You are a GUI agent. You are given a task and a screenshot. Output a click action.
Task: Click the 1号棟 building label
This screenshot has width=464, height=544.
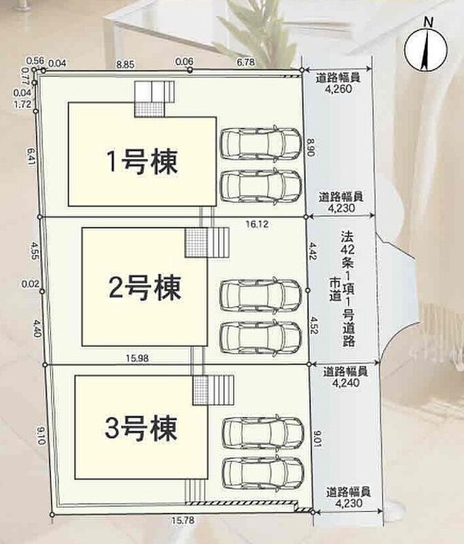[143, 162]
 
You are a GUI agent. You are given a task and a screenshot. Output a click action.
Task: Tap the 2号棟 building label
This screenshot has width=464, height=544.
[145, 288]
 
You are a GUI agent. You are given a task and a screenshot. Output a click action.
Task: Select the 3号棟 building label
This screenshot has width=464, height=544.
[141, 428]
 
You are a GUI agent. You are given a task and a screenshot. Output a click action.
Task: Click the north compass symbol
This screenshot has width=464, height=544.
[426, 48]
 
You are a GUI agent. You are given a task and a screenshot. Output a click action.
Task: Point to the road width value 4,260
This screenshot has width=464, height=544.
[338, 89]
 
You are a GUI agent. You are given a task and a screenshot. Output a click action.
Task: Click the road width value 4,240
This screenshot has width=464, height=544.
[346, 382]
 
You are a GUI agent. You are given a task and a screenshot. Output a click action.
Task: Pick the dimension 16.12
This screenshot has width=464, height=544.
[257, 224]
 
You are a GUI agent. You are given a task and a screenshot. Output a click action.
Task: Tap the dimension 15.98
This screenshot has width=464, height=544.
[137, 358]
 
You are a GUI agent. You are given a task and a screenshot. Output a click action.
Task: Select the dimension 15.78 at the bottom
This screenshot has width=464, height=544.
[183, 520]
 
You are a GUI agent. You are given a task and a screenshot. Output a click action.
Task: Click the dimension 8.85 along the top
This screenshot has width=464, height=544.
[126, 65]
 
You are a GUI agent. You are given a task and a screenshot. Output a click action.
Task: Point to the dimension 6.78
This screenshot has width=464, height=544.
[246, 62]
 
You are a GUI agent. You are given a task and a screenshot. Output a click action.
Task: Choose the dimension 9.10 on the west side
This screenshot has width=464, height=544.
[40, 436]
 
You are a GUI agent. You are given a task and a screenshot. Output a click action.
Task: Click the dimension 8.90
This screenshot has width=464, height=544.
[310, 148]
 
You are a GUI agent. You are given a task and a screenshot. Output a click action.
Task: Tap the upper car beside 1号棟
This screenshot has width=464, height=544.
[261, 143]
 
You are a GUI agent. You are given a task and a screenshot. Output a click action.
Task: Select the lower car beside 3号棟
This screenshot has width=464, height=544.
[264, 472]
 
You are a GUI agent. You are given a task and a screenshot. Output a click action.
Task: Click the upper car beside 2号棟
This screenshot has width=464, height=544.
[261, 294]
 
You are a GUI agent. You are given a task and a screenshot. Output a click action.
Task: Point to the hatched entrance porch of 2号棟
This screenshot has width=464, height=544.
[196, 243]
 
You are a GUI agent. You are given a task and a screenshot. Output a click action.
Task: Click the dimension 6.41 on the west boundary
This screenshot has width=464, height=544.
[31, 157]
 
